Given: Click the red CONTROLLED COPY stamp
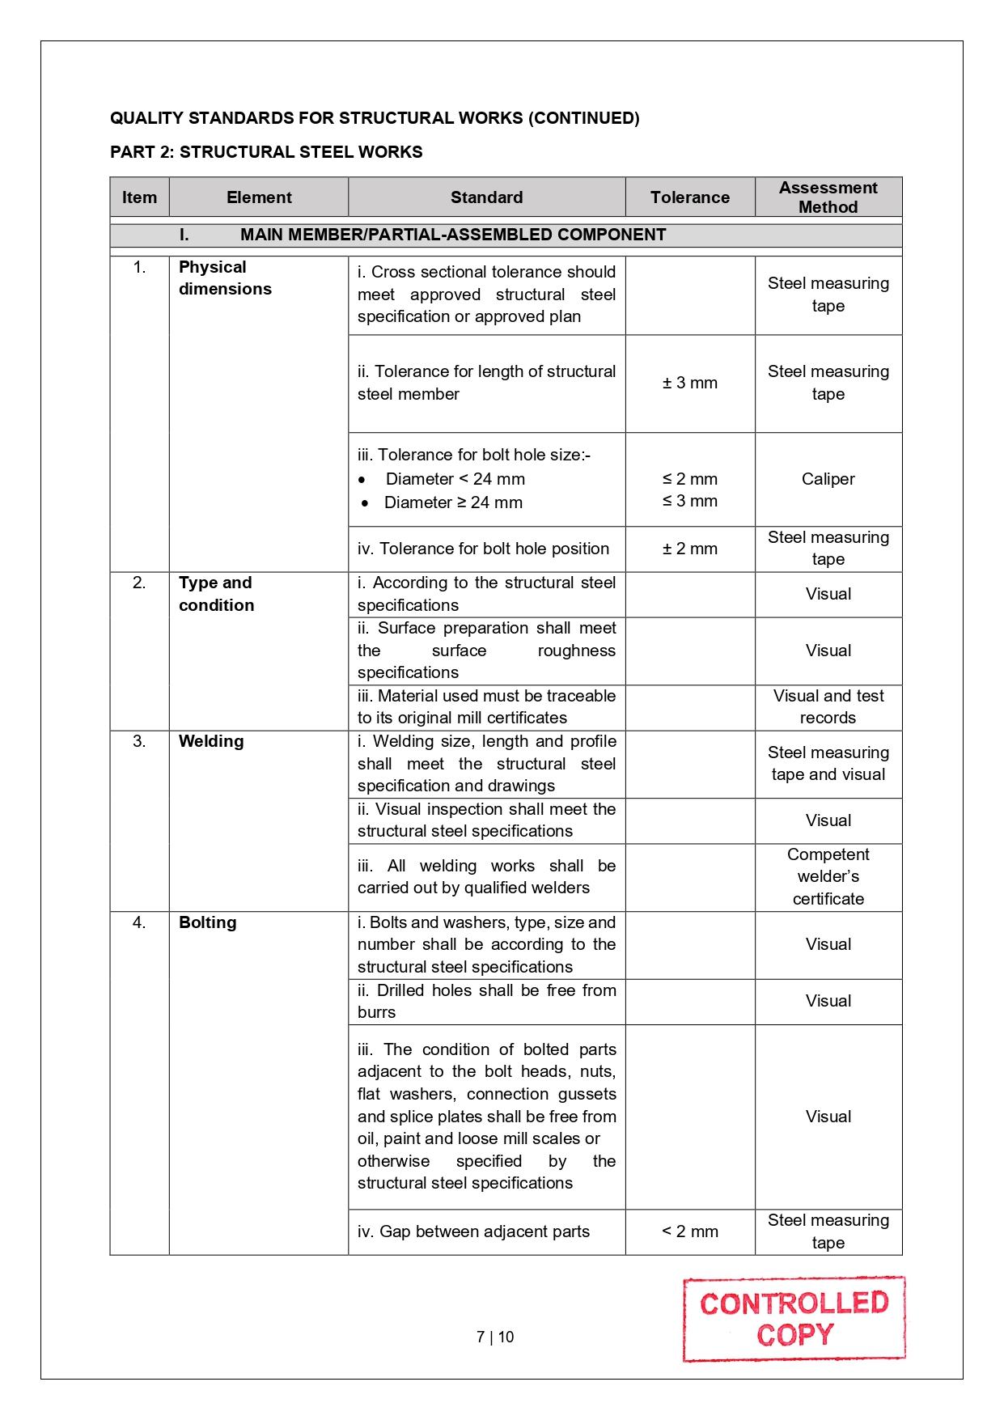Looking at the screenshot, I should point(794,1319).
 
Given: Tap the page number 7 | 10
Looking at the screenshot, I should point(495,1337).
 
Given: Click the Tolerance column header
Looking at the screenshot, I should point(689,197).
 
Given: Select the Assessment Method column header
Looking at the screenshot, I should point(828,197).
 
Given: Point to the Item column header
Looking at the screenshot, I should point(139,197).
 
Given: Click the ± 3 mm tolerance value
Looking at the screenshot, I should point(689,383).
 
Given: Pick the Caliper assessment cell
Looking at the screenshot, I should point(828,479).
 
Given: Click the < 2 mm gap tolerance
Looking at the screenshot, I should point(689,1231).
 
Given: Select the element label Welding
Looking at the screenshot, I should point(211,741).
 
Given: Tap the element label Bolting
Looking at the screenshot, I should point(208,922).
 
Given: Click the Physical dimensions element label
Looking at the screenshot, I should point(225,278).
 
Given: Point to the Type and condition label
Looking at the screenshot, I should point(216,594).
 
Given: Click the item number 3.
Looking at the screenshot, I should point(139,741).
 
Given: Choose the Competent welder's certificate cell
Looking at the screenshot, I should point(828,876).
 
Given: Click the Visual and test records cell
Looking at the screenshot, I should point(828,706).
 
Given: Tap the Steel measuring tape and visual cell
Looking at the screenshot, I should point(828,763).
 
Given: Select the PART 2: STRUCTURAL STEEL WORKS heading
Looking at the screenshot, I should point(266,152).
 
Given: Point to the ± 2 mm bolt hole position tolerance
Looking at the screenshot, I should point(689,549).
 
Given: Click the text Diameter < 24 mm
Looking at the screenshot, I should point(455,479).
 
